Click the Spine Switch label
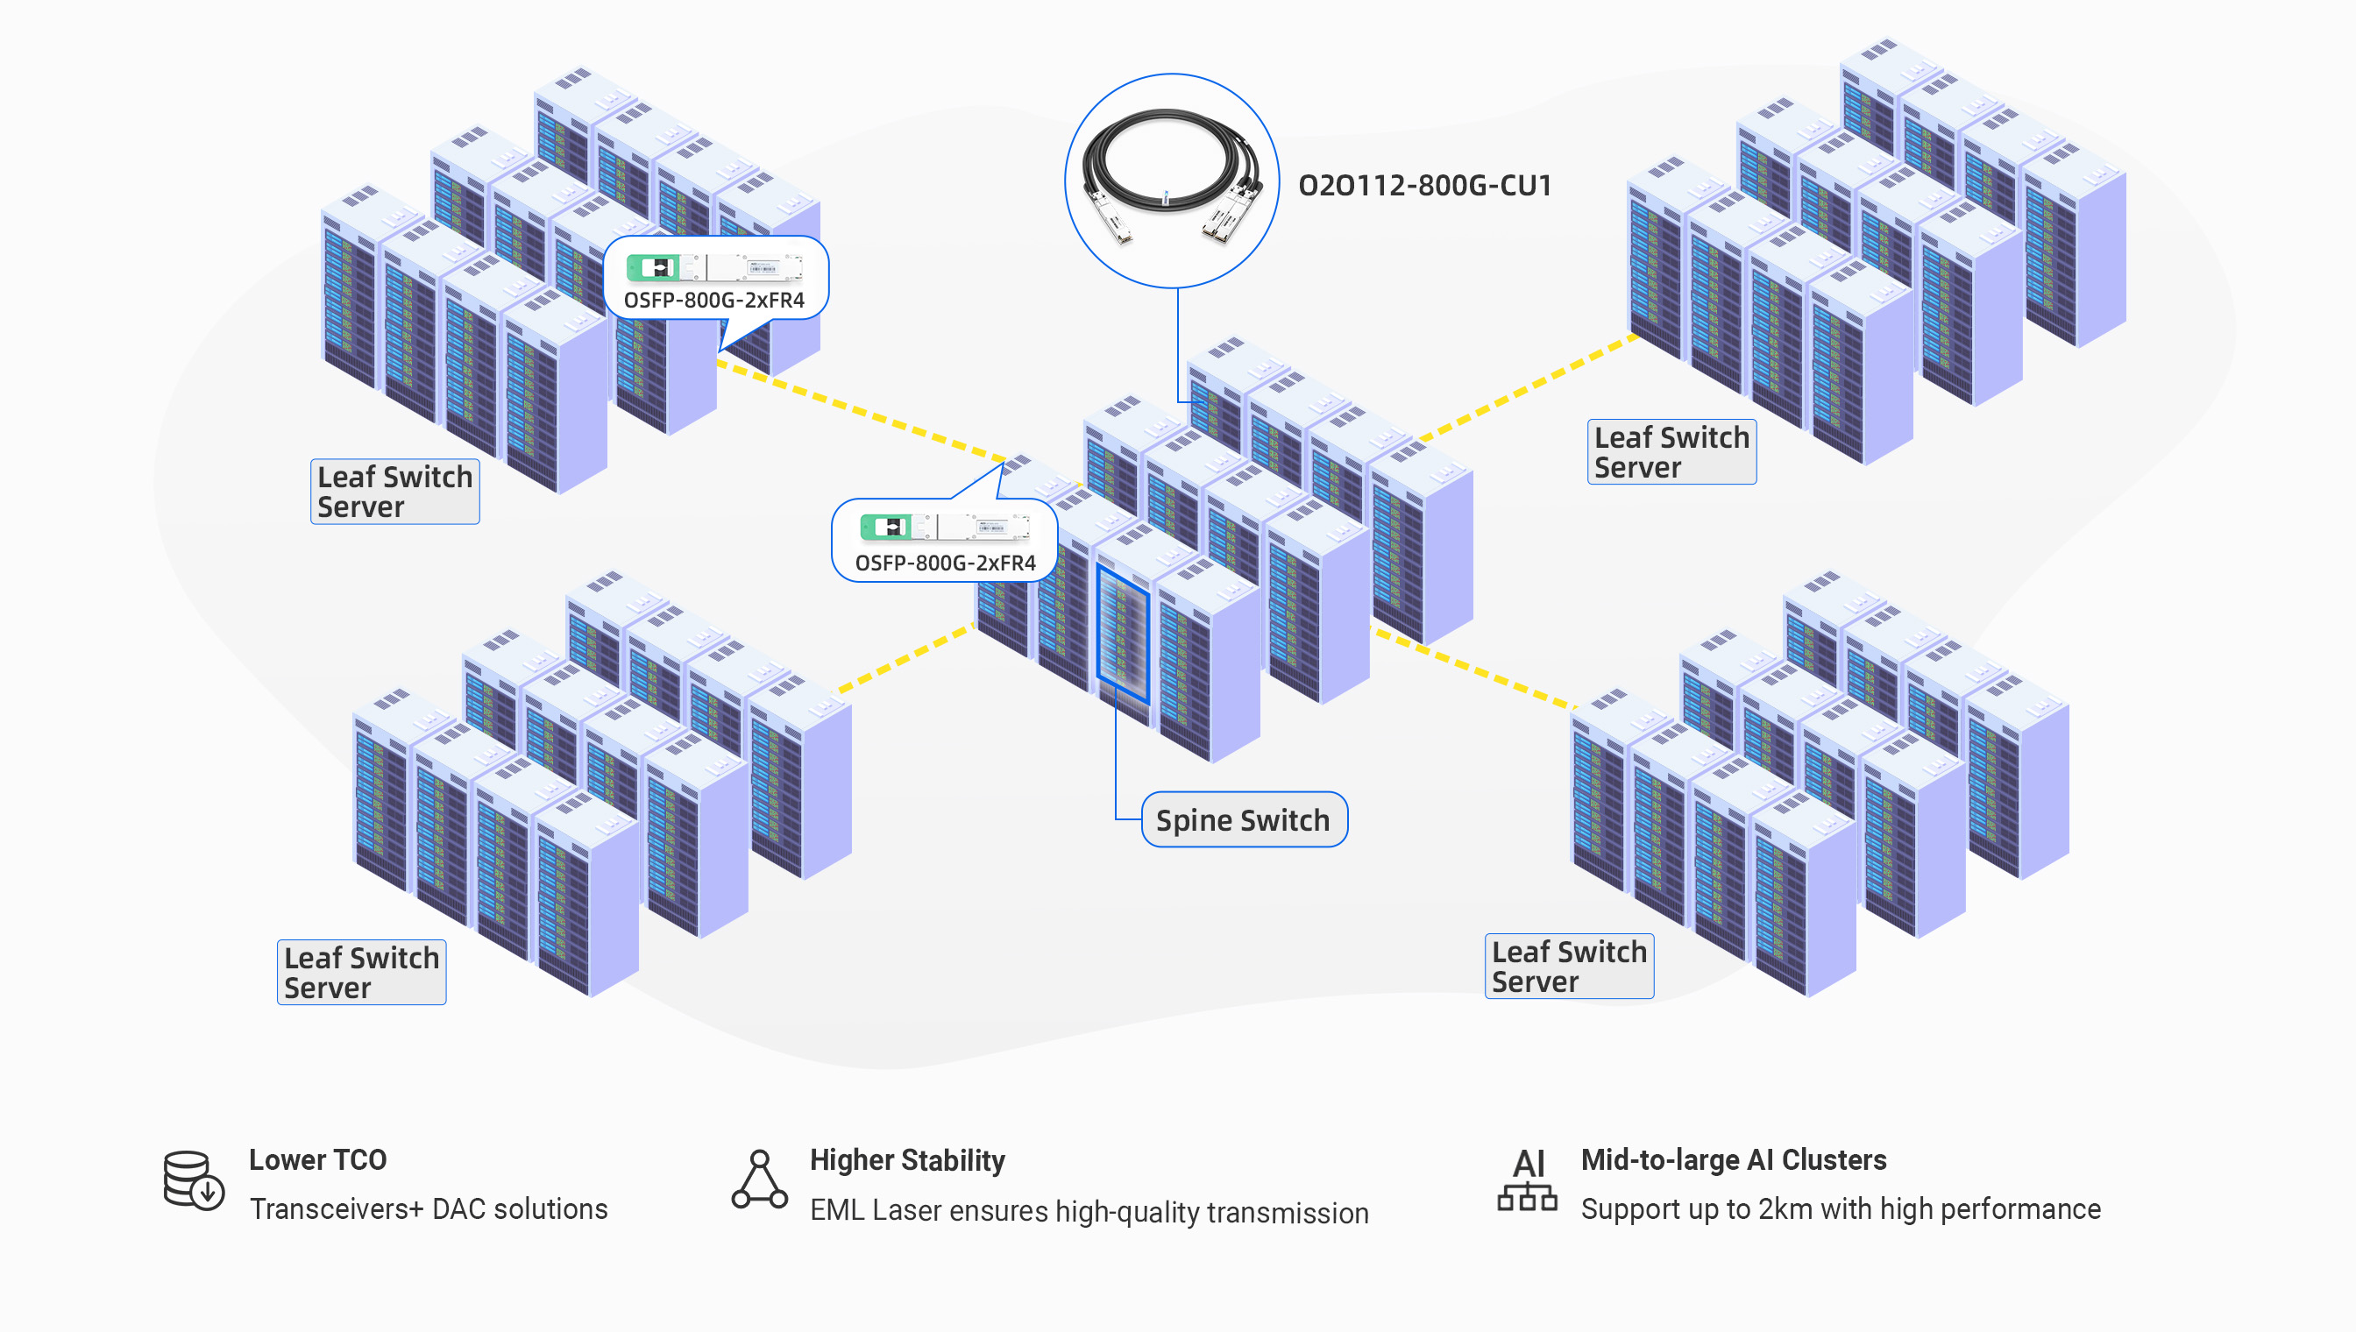coord(1244,819)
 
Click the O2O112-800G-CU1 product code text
coord(1424,186)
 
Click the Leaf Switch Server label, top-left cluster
coord(394,492)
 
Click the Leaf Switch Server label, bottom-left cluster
coord(361,972)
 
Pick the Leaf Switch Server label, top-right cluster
coord(1671,452)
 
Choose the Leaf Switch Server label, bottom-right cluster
coord(1568,966)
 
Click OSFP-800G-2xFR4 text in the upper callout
coord(713,300)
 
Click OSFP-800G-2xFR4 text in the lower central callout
coord(945,563)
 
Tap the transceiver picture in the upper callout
coord(713,267)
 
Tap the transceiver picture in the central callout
coord(944,527)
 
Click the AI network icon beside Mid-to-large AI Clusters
coord(1526,1180)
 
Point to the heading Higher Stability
coord(906,1160)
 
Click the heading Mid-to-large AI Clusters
coord(1733,1160)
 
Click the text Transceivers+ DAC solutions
coord(429,1208)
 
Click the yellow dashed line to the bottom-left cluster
coord(905,657)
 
